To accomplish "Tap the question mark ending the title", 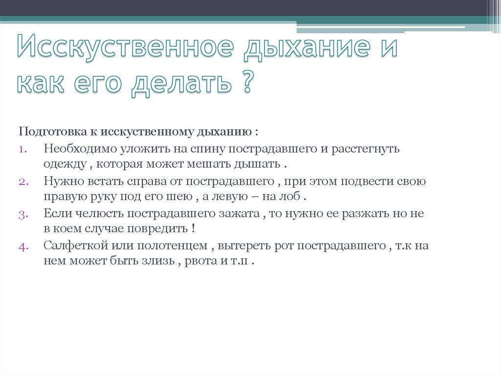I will [248, 82].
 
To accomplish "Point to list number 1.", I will [24, 149].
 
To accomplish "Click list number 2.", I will [24, 181].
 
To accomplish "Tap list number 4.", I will [24, 246].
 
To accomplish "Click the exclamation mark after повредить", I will [194, 229].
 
